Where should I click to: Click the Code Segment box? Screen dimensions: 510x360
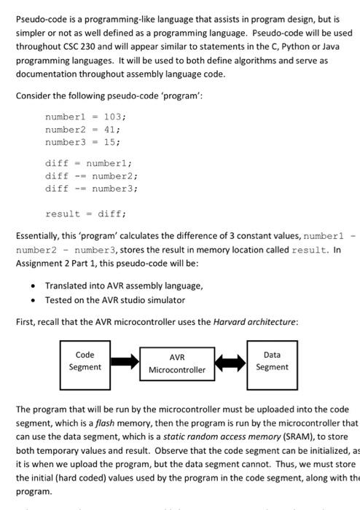pos(85,361)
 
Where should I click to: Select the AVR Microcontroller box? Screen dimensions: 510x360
pos(178,364)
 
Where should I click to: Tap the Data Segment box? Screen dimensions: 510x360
pos(272,361)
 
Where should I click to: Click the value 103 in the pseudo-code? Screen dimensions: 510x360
pos(113,117)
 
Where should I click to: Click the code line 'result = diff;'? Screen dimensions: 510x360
pos(86,214)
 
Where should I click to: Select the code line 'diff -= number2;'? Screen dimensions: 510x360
pos(91,176)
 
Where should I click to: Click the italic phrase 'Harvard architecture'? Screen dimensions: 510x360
pos(253,321)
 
